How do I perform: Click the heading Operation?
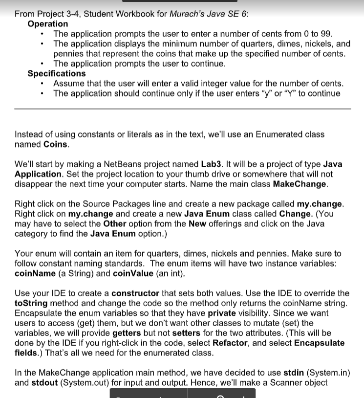(x=48, y=24)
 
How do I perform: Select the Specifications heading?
(x=56, y=74)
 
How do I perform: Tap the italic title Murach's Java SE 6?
(x=208, y=14)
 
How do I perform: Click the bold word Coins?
(x=56, y=144)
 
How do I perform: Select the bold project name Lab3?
(x=212, y=164)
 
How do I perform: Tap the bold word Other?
(x=115, y=223)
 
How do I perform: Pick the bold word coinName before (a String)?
(x=35, y=273)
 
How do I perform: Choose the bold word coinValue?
(x=133, y=273)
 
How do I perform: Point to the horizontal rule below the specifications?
(x=182, y=109)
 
